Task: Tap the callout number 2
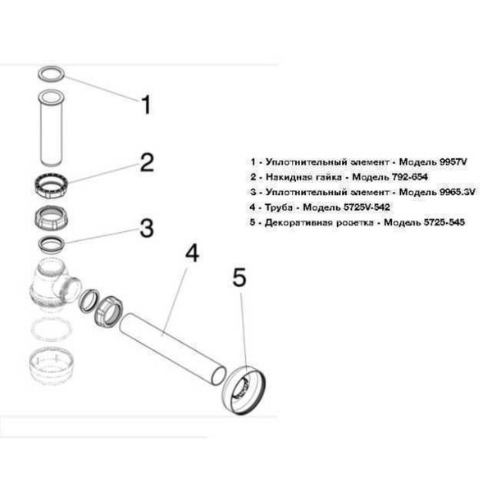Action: coord(146,162)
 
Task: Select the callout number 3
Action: coord(146,227)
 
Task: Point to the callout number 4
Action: coord(191,253)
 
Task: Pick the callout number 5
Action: coord(239,278)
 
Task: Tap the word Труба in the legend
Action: coord(280,207)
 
